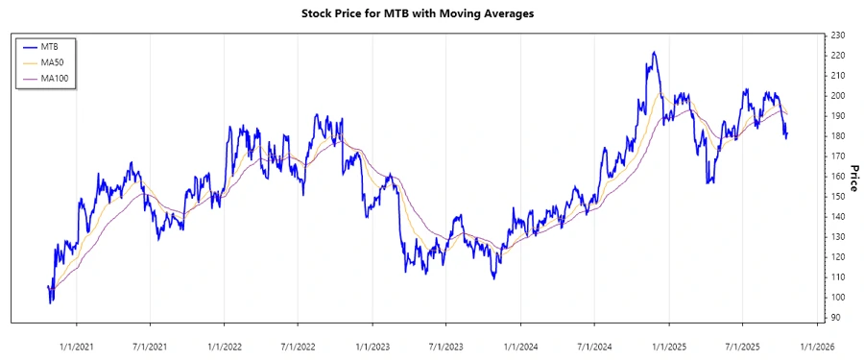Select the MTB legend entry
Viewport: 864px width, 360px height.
click(x=49, y=46)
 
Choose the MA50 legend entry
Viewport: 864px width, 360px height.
click(x=52, y=62)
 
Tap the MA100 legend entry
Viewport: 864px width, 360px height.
click(x=55, y=78)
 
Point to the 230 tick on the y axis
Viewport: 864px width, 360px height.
click(x=837, y=36)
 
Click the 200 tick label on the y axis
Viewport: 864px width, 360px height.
click(x=837, y=96)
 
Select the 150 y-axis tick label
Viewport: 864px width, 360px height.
click(x=837, y=197)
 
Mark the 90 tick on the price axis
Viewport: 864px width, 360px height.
click(x=835, y=318)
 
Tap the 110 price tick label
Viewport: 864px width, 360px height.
click(x=837, y=277)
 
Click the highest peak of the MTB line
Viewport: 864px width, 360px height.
click(x=653, y=53)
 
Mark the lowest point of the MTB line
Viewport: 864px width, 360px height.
click(x=51, y=302)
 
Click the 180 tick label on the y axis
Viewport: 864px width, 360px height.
click(x=837, y=136)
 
